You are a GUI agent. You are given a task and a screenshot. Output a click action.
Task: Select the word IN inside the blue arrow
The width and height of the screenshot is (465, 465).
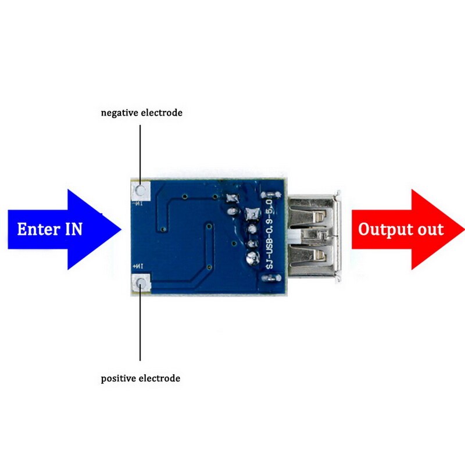pos(73,229)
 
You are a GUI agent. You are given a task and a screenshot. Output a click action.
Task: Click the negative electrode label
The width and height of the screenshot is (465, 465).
pos(141,113)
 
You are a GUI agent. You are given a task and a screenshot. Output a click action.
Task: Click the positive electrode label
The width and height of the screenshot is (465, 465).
pos(140,378)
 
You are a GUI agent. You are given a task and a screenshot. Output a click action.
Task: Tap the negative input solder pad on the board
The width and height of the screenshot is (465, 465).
pos(141,189)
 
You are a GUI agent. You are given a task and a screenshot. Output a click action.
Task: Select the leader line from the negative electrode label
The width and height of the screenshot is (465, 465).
pos(140,151)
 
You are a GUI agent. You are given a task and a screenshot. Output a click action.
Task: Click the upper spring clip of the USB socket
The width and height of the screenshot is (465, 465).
pos(319,214)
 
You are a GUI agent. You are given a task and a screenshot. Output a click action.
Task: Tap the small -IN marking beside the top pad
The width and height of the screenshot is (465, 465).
pos(139,203)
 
